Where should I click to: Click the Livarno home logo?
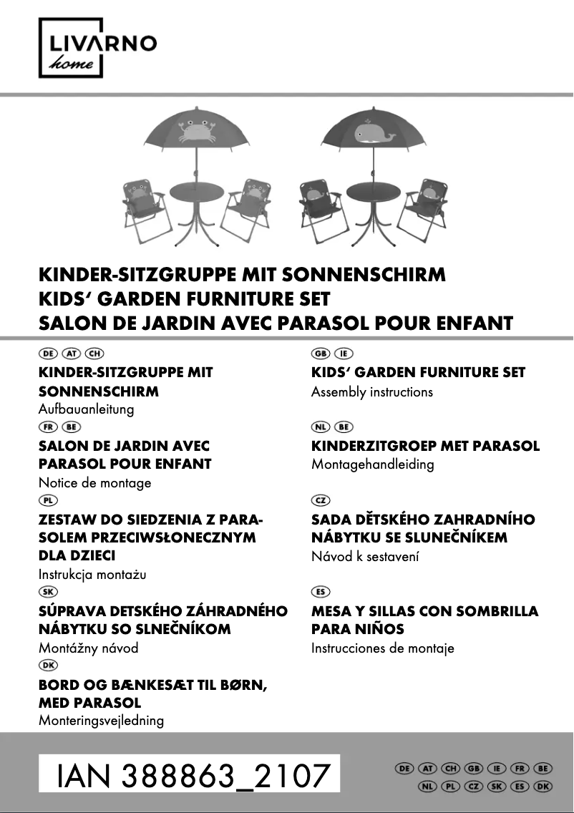pos(97,49)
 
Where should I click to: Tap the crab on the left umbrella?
pos(195,131)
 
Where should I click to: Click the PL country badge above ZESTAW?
pos(48,500)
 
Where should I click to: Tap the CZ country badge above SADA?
pos(321,500)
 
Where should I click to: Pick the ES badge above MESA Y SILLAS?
pos(321,593)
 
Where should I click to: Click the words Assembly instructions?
pos(371,392)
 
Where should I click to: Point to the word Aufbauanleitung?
pos(86,409)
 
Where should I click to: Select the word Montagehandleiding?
pos(372,464)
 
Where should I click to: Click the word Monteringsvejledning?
pos(101,721)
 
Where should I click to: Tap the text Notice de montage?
pos(94,483)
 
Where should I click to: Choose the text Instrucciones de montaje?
pos(382,648)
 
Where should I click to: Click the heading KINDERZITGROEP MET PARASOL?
pos(425,446)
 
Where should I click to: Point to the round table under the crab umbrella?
pos(197,194)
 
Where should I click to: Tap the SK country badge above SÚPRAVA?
pos(48,593)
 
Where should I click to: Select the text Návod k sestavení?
pos(365,556)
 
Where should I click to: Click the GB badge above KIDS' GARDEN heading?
pos(321,354)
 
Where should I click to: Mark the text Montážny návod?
pos(88,648)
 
